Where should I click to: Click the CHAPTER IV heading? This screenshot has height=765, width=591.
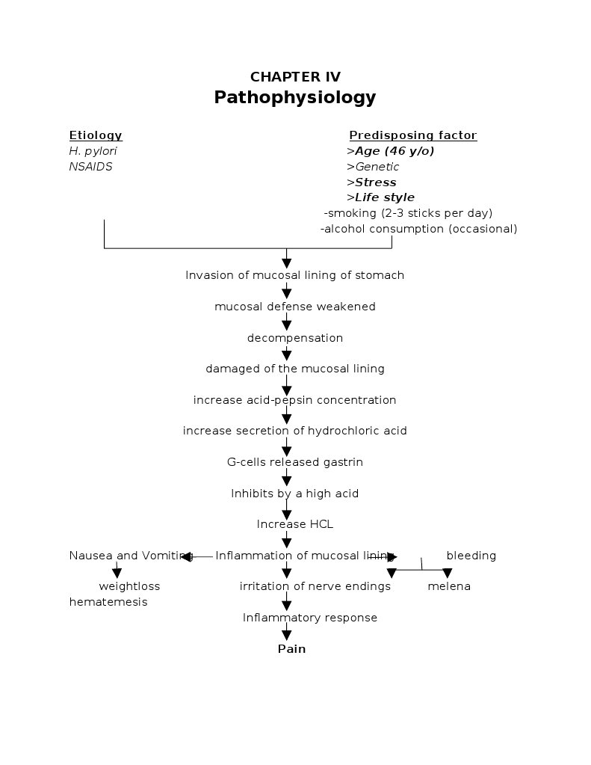(295, 77)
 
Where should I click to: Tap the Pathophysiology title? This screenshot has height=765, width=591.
(295, 98)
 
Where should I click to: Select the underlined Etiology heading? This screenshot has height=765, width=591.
(96, 135)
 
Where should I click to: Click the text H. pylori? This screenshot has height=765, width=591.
(93, 151)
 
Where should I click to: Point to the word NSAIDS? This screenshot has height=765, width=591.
(90, 167)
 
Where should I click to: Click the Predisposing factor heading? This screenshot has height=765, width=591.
(412, 135)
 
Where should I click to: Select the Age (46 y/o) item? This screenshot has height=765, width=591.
(391, 151)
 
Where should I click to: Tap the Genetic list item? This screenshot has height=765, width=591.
(373, 167)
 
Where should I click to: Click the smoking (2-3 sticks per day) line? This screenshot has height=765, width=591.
(408, 213)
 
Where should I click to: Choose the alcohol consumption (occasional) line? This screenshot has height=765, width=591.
(418, 229)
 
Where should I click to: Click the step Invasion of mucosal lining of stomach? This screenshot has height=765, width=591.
(295, 275)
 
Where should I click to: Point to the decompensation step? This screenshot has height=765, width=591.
(295, 338)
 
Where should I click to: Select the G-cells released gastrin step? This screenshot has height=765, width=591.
(295, 462)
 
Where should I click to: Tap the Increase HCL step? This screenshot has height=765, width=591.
(295, 524)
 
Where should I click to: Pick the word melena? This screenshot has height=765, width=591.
(449, 586)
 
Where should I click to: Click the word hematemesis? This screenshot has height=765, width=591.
(108, 602)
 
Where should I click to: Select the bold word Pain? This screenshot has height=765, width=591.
(291, 649)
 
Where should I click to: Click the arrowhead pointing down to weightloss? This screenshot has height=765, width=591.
(117, 574)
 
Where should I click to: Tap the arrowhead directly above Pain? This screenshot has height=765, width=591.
(286, 636)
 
